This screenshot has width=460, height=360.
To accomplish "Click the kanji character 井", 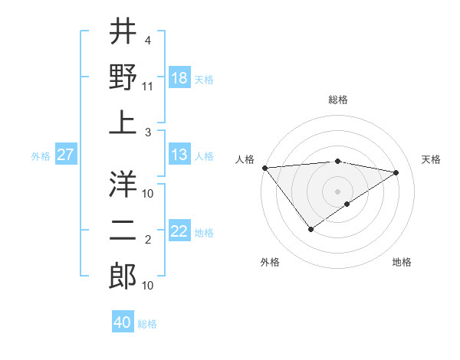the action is [x=123, y=31].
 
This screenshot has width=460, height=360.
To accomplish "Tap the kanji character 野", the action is [x=123, y=77].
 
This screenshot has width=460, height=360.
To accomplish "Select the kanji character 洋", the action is [x=123, y=185].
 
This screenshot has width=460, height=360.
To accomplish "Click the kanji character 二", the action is [x=123, y=231].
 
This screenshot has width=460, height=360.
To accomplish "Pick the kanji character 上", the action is [x=123, y=123].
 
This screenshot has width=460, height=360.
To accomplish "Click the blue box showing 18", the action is [x=179, y=78].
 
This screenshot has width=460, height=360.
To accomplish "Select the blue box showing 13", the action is [x=179, y=155].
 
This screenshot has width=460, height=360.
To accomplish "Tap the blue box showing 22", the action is [x=179, y=232].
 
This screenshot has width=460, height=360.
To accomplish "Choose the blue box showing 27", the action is [x=65, y=155].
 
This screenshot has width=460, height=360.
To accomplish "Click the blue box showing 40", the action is [x=123, y=323].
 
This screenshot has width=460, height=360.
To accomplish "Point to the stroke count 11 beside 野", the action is [x=148, y=86].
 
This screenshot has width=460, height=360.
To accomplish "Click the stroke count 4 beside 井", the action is [x=148, y=40].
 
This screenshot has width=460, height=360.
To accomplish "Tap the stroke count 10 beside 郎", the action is [x=148, y=286].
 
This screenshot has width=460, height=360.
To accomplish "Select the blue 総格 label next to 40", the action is [x=147, y=324].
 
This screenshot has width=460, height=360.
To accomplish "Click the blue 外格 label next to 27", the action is [x=41, y=156].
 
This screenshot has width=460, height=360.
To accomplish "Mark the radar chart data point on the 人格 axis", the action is [x=264, y=168].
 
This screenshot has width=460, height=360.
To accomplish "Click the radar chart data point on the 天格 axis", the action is [x=396, y=172].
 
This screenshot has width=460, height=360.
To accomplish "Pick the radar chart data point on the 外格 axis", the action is [x=310, y=229].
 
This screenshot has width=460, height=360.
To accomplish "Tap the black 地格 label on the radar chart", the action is [x=402, y=262].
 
